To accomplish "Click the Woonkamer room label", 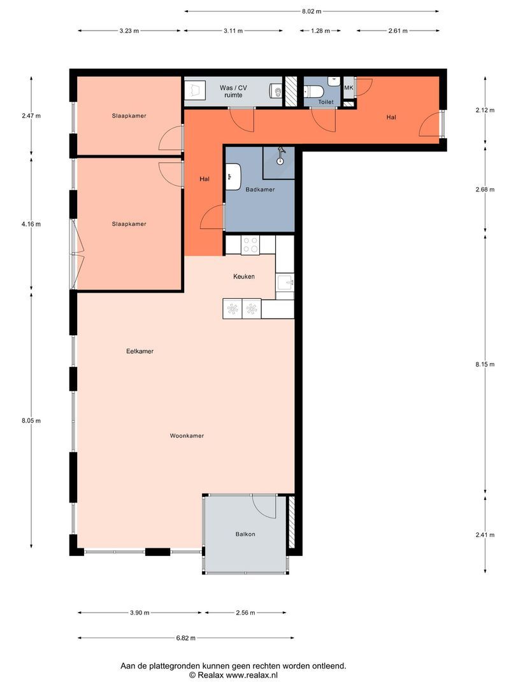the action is [187, 436].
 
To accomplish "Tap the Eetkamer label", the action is [140, 351].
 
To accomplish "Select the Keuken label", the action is [244, 277].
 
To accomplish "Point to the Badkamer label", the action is [260, 190].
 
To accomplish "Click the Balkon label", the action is [245, 534].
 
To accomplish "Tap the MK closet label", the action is [349, 88].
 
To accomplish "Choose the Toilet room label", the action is [326, 102].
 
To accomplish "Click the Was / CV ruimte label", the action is [233, 91].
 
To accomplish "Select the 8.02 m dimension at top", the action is [312, 11].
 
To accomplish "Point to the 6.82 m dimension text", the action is [186, 638].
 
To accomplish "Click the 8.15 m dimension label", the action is [485, 364].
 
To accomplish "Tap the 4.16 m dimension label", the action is [31, 224].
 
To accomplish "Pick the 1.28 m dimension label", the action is [320, 31].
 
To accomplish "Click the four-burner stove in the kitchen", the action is [250, 245].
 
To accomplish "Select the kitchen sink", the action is [285, 282].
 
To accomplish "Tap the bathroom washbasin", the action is [233, 177].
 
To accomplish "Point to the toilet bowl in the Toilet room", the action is [314, 92].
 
